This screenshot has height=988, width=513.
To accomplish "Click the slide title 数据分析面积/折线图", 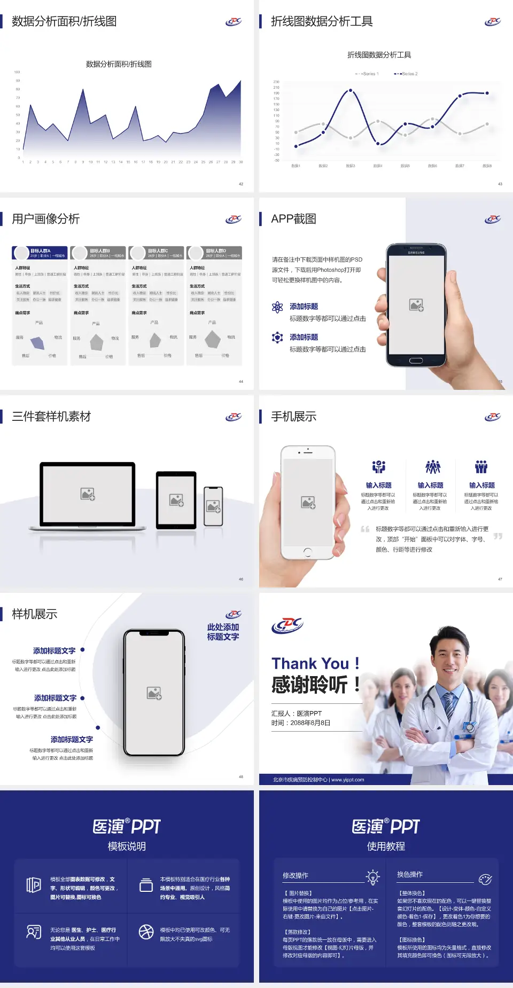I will (64, 21).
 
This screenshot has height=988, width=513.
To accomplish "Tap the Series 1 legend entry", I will (368, 74).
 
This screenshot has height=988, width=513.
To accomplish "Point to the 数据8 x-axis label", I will (487, 166).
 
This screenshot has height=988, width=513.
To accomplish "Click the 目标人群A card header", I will (40, 253).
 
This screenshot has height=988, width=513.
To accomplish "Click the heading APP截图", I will (293, 219).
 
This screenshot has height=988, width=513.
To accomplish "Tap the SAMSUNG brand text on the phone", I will (416, 253).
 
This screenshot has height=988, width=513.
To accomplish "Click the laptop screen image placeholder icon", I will (88, 494).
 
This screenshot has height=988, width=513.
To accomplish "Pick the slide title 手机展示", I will (293, 417).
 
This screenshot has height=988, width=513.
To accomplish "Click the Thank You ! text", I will (315, 663).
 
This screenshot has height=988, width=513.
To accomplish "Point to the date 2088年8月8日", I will (310, 723).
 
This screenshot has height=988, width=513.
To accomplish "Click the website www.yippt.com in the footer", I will (347, 780).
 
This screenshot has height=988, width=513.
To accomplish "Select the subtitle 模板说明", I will (127, 846).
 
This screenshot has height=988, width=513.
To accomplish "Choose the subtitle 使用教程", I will (386, 846).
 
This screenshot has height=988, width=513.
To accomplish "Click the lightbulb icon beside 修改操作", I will (372, 877).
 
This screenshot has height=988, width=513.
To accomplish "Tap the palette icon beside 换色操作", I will (485, 879).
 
